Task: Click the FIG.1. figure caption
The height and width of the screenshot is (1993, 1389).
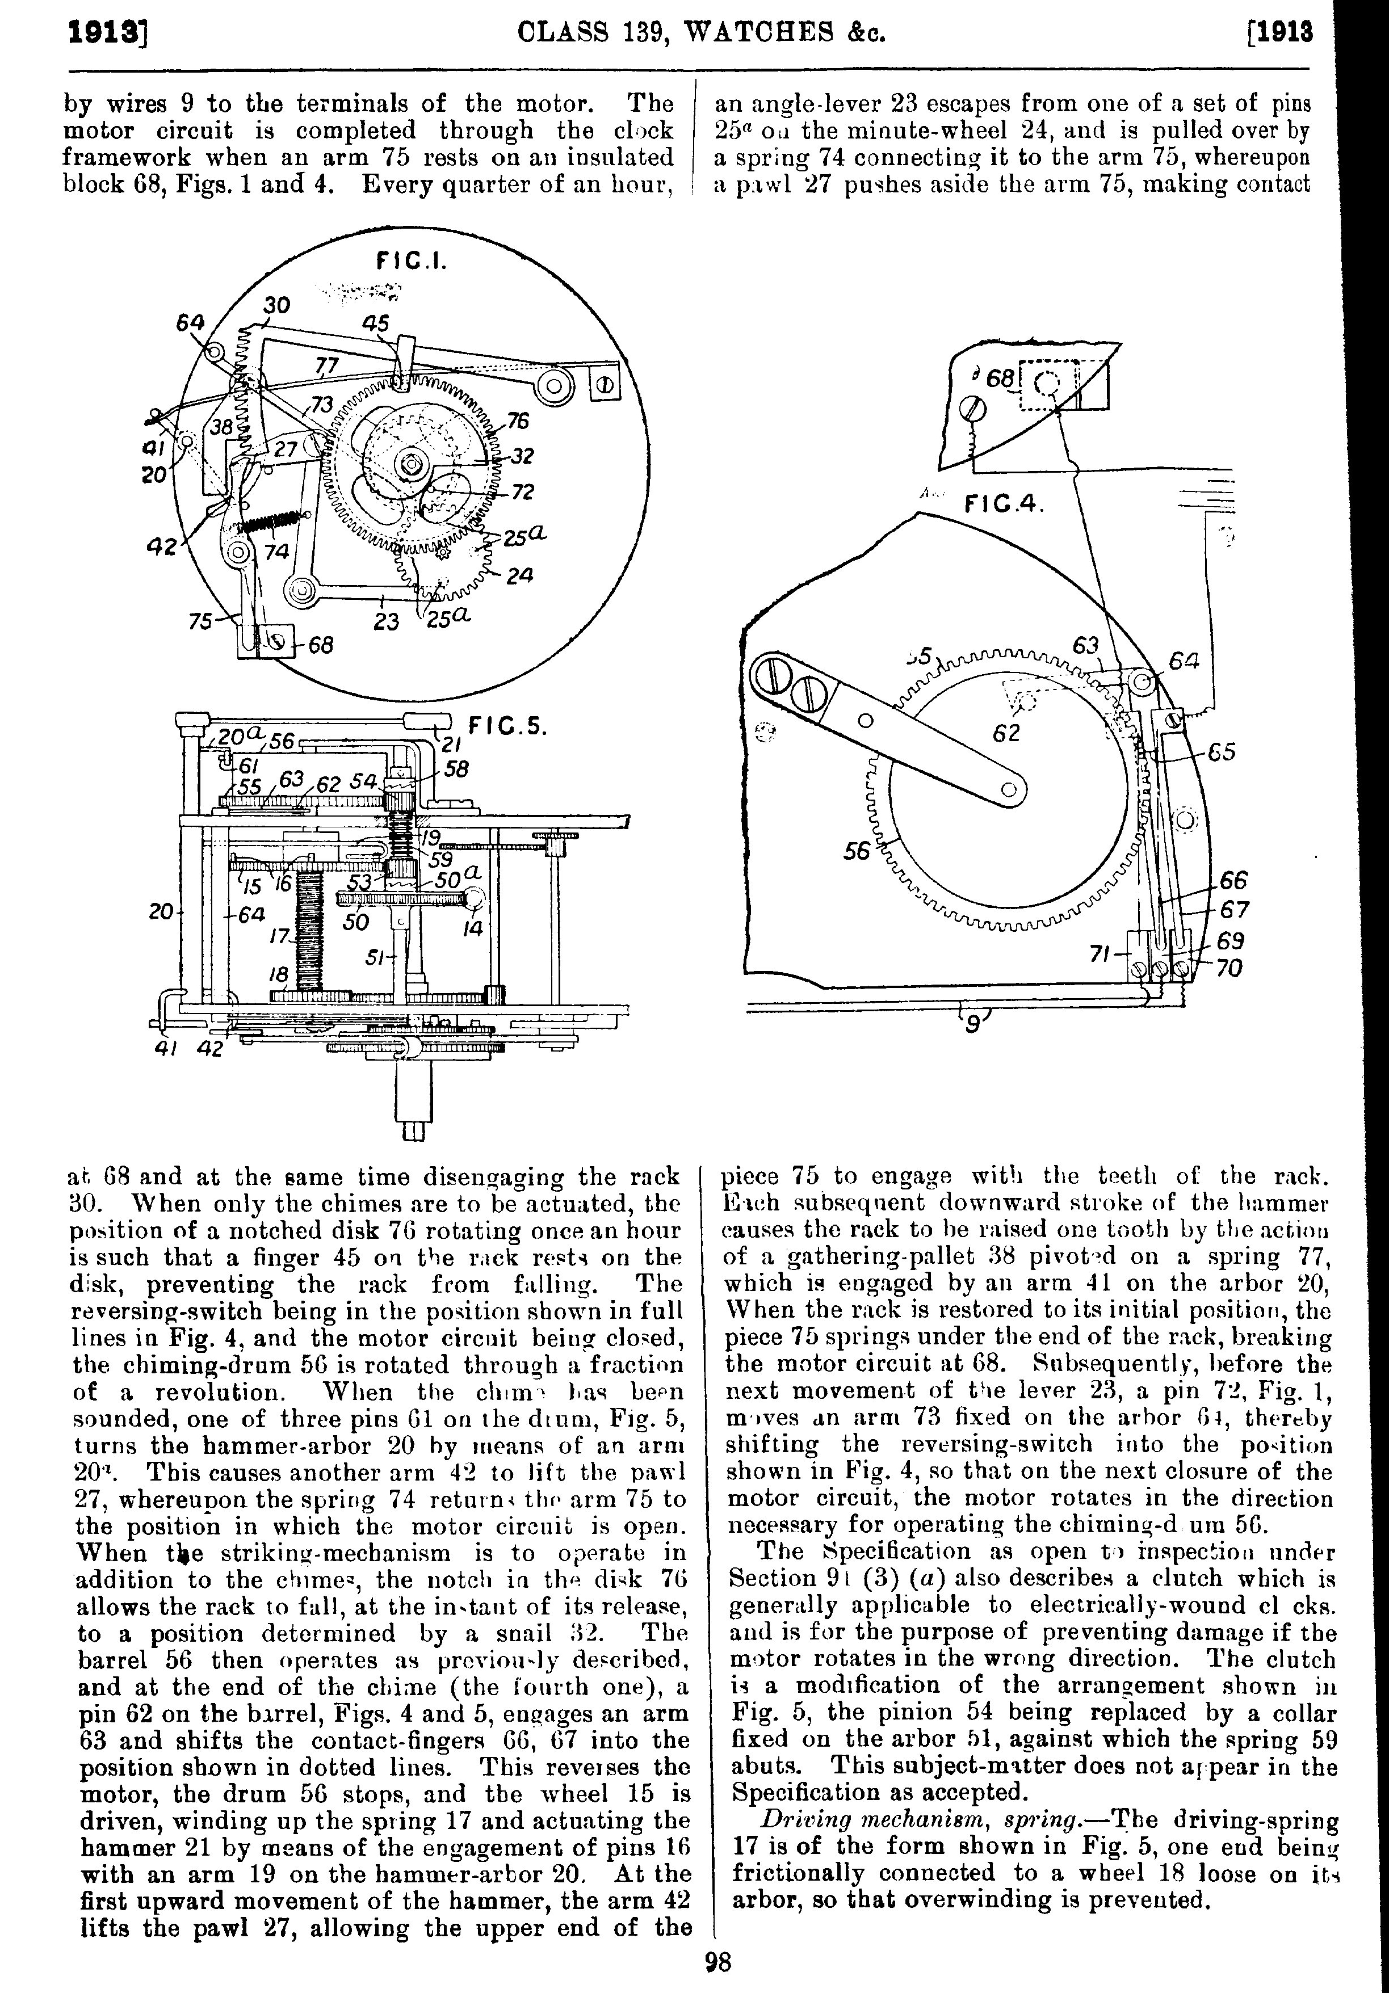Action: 410,260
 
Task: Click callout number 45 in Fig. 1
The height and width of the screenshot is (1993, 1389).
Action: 375,323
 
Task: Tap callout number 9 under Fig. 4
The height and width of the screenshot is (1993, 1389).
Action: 973,1025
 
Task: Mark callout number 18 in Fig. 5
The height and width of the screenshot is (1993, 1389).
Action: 278,976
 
